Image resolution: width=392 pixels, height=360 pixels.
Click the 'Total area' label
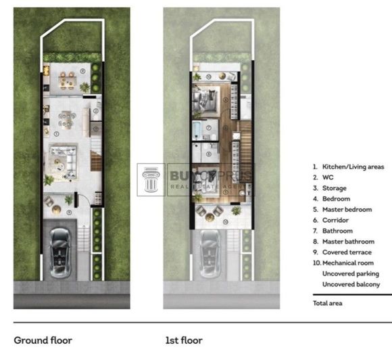tap(327, 303)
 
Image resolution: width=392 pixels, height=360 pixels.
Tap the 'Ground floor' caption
tap(43, 340)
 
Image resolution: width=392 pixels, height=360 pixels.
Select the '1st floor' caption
tap(184, 340)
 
